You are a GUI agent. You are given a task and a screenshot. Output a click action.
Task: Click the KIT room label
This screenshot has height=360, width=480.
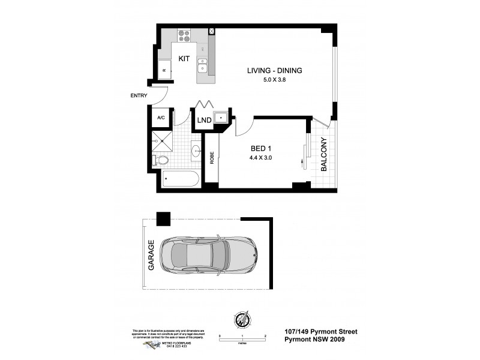click(184, 59)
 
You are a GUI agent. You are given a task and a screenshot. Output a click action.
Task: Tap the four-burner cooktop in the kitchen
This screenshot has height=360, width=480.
click(184, 36)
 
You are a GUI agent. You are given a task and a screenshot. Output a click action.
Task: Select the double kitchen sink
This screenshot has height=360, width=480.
click(204, 64)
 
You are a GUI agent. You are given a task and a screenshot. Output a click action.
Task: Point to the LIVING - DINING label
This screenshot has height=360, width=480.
click(274, 71)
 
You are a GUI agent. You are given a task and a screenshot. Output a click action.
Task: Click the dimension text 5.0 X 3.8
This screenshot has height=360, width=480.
click(274, 81)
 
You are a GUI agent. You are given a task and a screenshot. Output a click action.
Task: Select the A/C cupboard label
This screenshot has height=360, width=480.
click(161, 118)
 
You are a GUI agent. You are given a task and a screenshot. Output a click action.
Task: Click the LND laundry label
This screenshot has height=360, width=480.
click(204, 120)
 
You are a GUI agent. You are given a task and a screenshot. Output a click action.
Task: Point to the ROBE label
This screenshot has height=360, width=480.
click(211, 157)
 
